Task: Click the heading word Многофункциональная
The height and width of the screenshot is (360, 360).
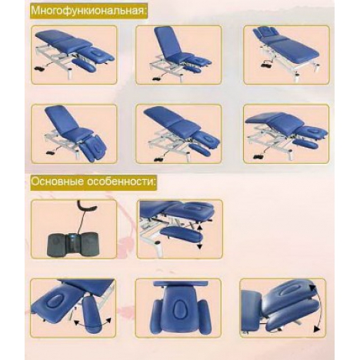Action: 88,11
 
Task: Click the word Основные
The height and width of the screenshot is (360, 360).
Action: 57,182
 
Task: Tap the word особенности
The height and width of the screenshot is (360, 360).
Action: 121,182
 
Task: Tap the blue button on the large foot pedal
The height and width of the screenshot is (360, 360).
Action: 74,237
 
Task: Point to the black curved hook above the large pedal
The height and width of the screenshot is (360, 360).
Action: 87,205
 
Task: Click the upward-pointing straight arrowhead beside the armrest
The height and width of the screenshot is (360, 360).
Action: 199,226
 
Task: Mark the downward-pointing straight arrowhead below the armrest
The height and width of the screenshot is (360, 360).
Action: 200,246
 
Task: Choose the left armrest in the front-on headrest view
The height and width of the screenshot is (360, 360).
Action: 157,317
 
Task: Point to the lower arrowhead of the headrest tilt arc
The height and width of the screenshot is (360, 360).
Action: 317,328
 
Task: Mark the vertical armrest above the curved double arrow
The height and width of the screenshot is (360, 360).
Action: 91,315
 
